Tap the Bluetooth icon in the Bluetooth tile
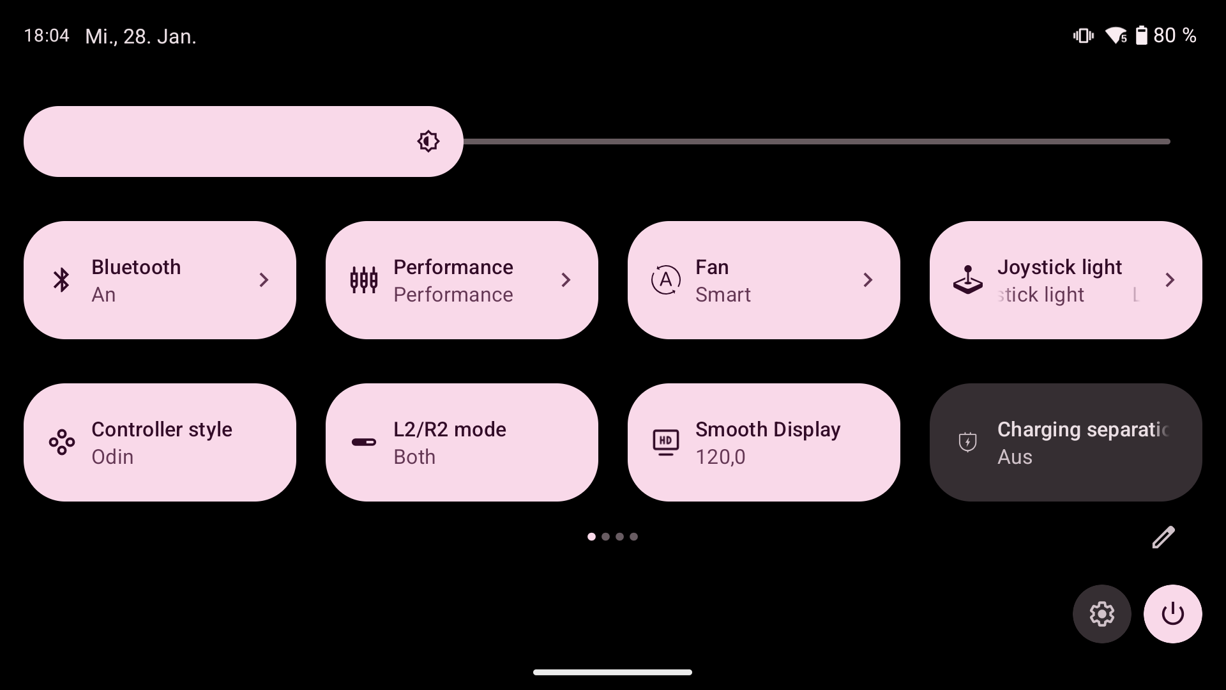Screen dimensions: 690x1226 (61, 280)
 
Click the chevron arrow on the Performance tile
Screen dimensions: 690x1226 (566, 280)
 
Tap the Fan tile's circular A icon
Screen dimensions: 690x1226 (665, 280)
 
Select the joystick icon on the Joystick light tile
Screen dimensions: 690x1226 (967, 280)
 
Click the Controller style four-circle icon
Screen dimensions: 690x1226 (61, 442)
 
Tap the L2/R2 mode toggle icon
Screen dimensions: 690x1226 (364, 442)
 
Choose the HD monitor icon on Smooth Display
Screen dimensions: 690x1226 (665, 442)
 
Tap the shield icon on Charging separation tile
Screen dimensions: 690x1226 (967, 442)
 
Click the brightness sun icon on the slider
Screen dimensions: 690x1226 (428, 141)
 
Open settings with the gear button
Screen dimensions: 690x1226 (1101, 614)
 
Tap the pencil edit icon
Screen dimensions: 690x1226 (1163, 537)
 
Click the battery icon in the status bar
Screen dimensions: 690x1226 (1141, 36)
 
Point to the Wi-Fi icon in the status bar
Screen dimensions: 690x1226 (1116, 36)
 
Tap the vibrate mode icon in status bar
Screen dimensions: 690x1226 (1083, 36)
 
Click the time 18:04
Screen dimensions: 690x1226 (47, 36)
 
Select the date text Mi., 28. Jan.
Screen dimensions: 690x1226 (140, 36)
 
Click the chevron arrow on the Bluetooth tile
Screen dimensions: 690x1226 (264, 280)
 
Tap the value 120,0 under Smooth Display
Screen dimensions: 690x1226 (720, 457)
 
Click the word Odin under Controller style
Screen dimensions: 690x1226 (112, 457)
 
